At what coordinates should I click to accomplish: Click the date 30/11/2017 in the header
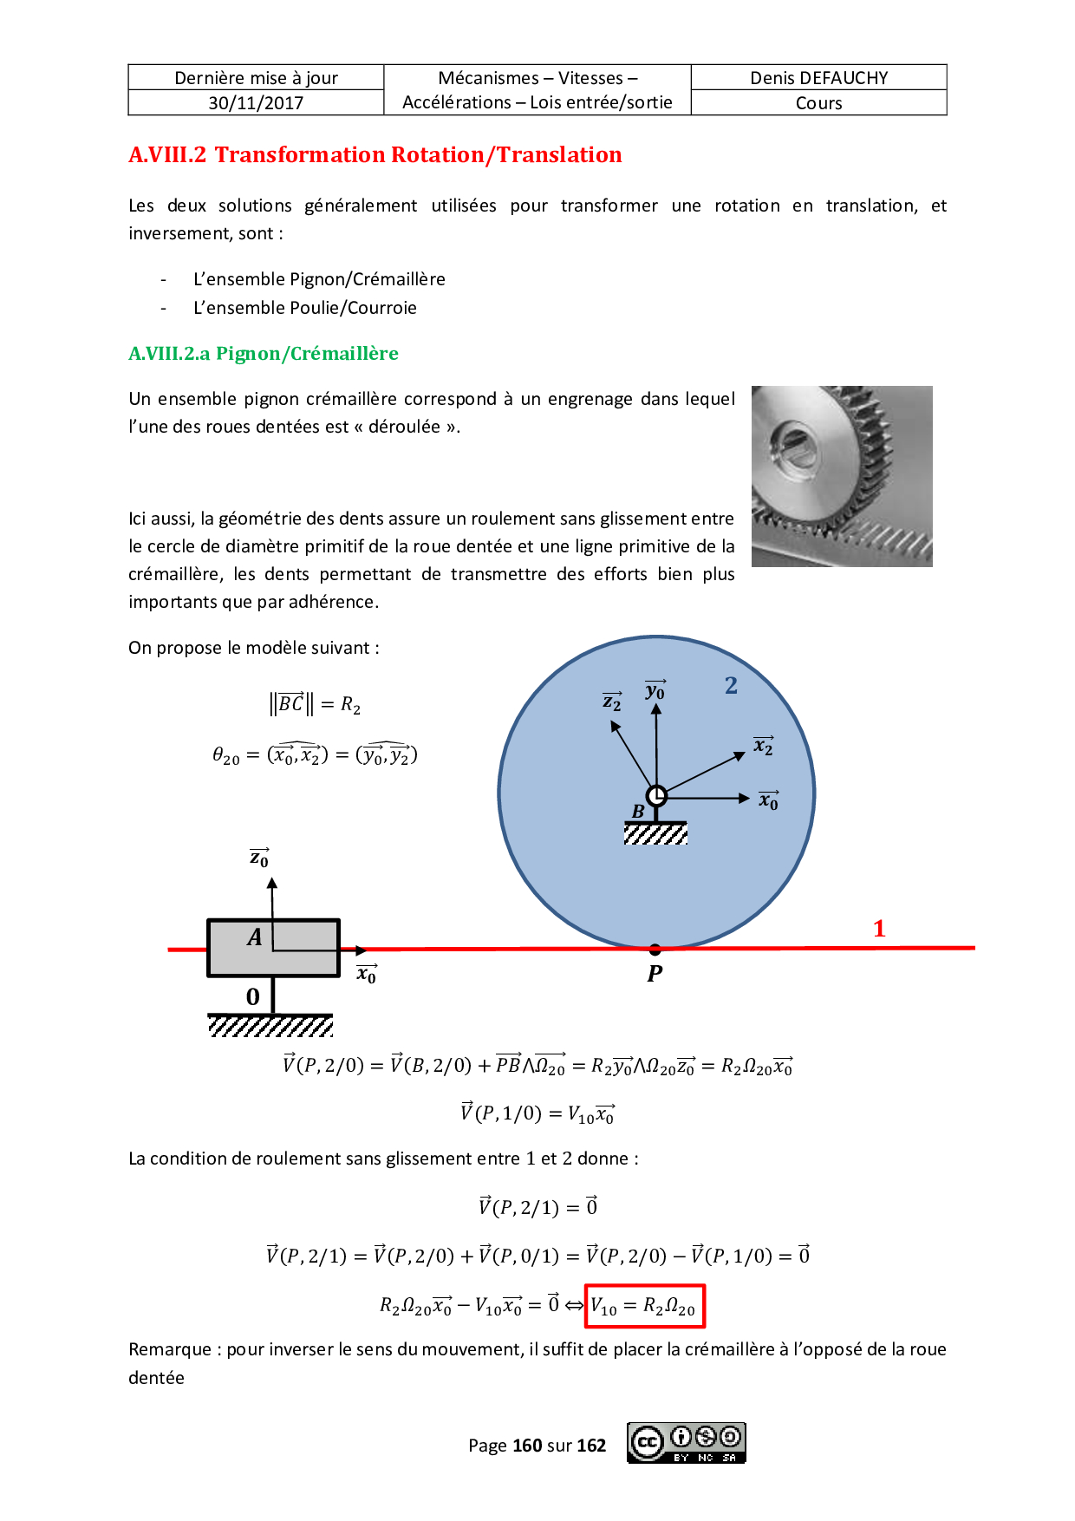(x=256, y=103)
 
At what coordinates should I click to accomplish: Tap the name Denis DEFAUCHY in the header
(x=818, y=78)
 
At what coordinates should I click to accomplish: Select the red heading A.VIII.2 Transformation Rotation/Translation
(x=375, y=155)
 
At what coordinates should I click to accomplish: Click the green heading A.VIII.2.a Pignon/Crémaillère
(x=264, y=354)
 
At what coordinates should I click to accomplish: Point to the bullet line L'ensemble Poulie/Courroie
(x=304, y=308)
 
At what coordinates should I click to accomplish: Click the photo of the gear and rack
(x=841, y=476)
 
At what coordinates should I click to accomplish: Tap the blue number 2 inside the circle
(x=731, y=686)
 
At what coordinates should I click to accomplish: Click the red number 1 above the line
(x=879, y=929)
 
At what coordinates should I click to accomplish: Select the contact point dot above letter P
(x=655, y=950)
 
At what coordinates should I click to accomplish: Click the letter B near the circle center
(x=638, y=812)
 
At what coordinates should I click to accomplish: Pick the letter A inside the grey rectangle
(x=254, y=937)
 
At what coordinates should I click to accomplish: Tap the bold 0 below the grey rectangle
(x=252, y=997)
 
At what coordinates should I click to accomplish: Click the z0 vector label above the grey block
(x=259, y=858)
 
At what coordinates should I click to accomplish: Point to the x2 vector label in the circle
(x=763, y=746)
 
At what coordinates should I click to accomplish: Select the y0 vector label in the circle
(x=655, y=690)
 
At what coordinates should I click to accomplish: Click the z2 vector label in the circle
(x=612, y=702)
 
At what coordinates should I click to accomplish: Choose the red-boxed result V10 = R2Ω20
(x=644, y=1306)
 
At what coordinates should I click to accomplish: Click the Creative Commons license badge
(x=686, y=1443)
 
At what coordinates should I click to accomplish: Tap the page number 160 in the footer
(x=527, y=1446)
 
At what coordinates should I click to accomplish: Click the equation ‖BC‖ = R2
(x=315, y=703)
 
